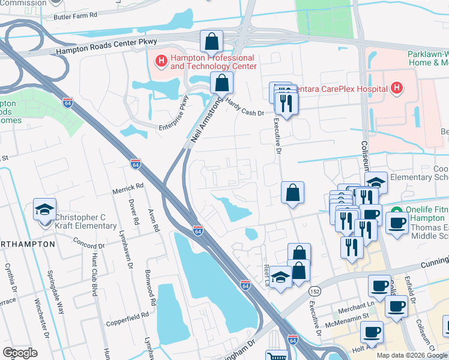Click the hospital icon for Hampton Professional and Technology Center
tap(161, 61)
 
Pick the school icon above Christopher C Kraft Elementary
tap(45, 209)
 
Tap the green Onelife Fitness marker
tap(397, 211)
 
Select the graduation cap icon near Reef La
tap(280, 277)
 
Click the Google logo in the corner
tap(20, 353)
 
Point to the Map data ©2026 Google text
tap(412, 355)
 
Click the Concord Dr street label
tap(89, 245)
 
